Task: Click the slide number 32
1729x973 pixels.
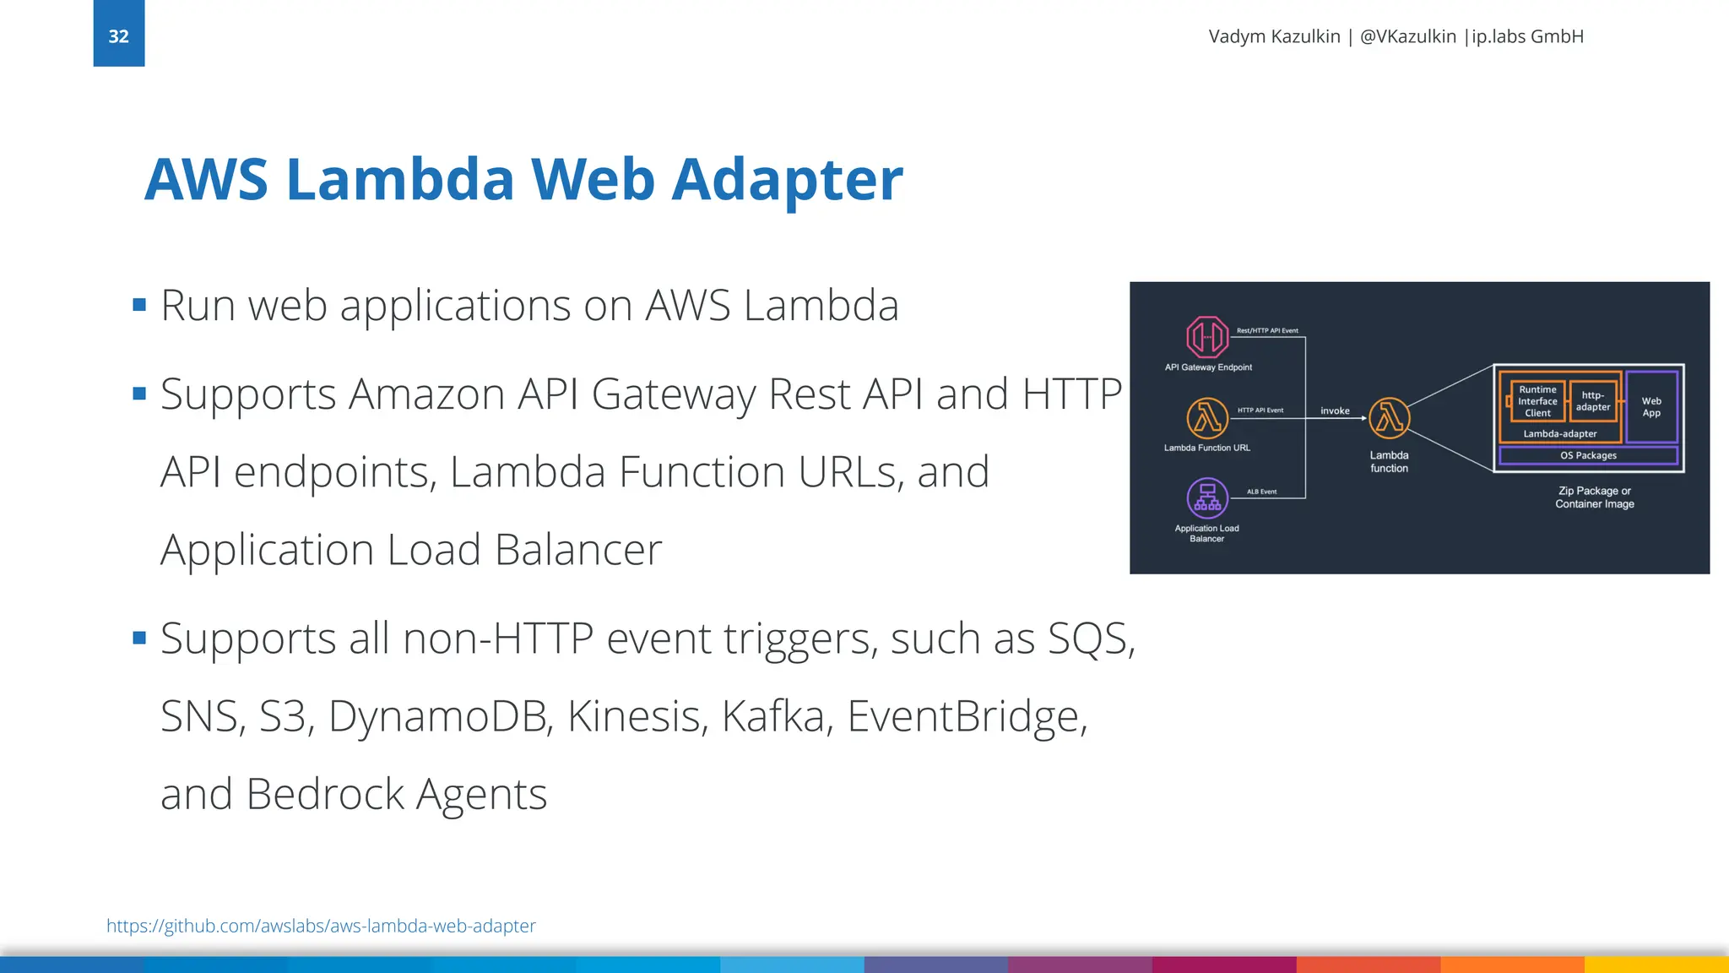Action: point(118,36)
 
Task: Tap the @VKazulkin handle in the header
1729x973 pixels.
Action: point(1407,36)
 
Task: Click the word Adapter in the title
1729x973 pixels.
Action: point(786,180)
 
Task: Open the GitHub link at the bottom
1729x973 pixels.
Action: point(321,926)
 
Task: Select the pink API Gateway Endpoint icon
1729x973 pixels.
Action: point(1206,337)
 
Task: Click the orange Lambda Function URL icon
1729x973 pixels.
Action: point(1206,417)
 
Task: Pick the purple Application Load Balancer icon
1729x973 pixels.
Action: point(1206,497)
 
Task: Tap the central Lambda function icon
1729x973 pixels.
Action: point(1389,418)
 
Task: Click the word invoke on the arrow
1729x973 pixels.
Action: point(1335,410)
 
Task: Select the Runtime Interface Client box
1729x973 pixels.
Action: point(1537,401)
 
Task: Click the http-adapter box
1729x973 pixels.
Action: point(1592,401)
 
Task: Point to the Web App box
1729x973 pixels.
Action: point(1651,407)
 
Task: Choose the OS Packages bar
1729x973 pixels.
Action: point(1588,455)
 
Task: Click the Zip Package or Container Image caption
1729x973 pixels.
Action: point(1594,497)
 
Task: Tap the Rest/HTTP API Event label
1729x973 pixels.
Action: point(1267,330)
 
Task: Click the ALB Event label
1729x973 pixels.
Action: point(1261,492)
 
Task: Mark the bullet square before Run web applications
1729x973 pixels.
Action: point(139,304)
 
